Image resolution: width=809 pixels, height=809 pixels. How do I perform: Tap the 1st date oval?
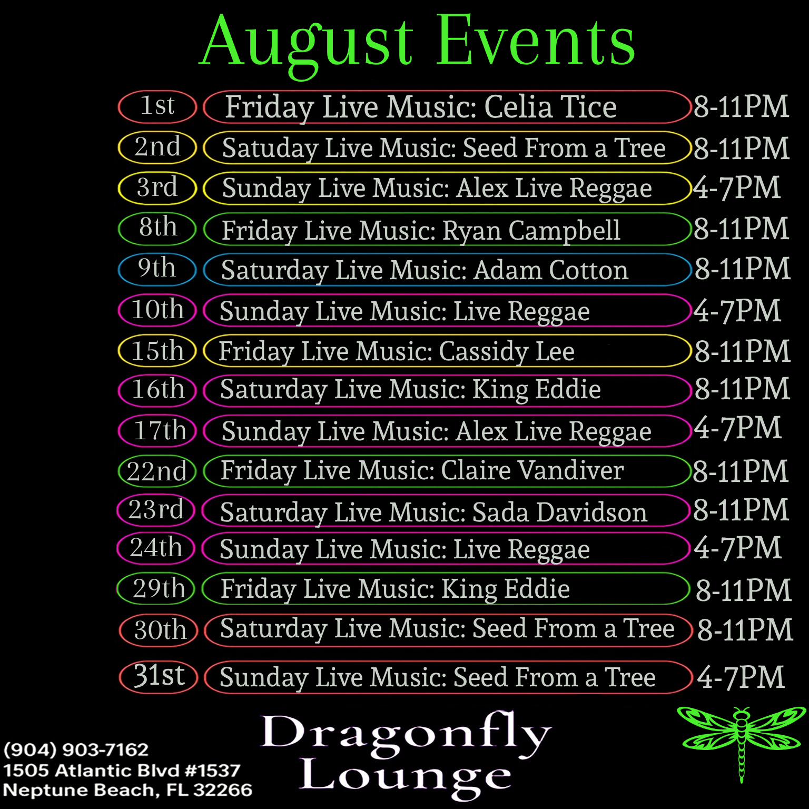pyautogui.click(x=157, y=106)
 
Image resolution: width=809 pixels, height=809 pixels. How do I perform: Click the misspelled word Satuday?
pyautogui.click(x=269, y=148)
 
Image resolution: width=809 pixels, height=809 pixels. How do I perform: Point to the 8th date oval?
pyautogui.click(x=157, y=229)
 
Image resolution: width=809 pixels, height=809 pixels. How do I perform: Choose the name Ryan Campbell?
pyautogui.click(x=531, y=231)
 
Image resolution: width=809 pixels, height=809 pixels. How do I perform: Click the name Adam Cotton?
pyautogui.click(x=551, y=270)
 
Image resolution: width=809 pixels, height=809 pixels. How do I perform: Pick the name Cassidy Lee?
pyautogui.click(x=506, y=351)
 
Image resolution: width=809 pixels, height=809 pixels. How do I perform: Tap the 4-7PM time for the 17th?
pyautogui.click(x=737, y=428)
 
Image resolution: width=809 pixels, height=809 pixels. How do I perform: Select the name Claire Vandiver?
pyautogui.click(x=532, y=470)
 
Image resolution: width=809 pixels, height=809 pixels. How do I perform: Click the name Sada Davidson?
pyautogui.click(x=560, y=512)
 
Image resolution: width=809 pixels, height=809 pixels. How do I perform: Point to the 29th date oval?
pyautogui.click(x=156, y=588)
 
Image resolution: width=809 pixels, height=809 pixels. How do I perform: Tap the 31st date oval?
pyautogui.click(x=159, y=677)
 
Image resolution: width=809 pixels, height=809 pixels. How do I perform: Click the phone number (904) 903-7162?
pyautogui.click(x=76, y=749)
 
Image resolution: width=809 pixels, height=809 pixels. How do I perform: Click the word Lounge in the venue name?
pyautogui.click(x=406, y=777)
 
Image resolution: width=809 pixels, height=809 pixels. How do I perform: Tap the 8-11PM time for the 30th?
pyautogui.click(x=745, y=630)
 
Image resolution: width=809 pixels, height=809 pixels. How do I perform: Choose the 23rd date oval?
pyautogui.click(x=156, y=510)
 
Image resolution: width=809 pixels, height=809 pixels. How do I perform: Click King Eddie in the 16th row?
pyautogui.click(x=536, y=390)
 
